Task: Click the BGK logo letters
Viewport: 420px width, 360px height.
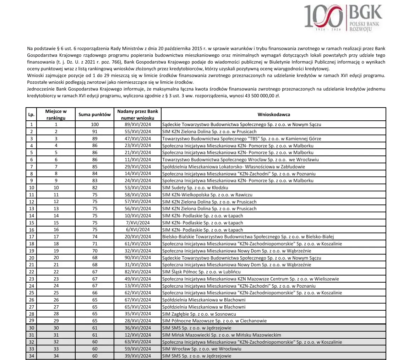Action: pyautogui.click(x=366, y=13)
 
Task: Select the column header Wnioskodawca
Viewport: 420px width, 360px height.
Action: pyautogui.click(x=274, y=115)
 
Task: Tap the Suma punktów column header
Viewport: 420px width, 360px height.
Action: pyautogui.click(x=95, y=115)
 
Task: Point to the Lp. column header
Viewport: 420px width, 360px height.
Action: pyautogui.click(x=31, y=115)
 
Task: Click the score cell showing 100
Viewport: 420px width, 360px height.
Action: pyautogui.click(x=95, y=125)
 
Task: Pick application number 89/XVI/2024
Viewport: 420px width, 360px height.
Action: pyautogui.click(x=138, y=125)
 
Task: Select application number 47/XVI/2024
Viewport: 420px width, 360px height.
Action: pyautogui.click(x=138, y=138)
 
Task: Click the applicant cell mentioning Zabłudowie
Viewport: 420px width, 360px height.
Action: pyautogui.click(x=233, y=167)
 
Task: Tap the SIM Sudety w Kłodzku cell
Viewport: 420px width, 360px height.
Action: pyautogui.click(x=195, y=187)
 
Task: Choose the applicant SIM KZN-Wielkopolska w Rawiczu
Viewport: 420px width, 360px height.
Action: pyautogui.click(x=207, y=195)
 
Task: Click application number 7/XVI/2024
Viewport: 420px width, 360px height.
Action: pyautogui.click(x=138, y=223)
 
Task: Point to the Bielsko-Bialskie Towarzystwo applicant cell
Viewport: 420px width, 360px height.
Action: pyautogui.click(x=248, y=237)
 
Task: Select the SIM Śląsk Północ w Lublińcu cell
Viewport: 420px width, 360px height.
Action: pyautogui.click(x=201, y=272)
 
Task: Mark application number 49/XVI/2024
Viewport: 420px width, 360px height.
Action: pyautogui.click(x=138, y=279)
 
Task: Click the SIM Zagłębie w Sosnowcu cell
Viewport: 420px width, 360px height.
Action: pyautogui.click(x=199, y=314)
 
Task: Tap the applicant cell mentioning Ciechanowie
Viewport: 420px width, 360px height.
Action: pyautogui.click(x=214, y=321)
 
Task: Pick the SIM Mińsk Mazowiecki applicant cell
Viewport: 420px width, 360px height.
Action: pyautogui.click(x=221, y=335)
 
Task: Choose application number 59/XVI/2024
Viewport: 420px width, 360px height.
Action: pyautogui.click(x=138, y=349)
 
